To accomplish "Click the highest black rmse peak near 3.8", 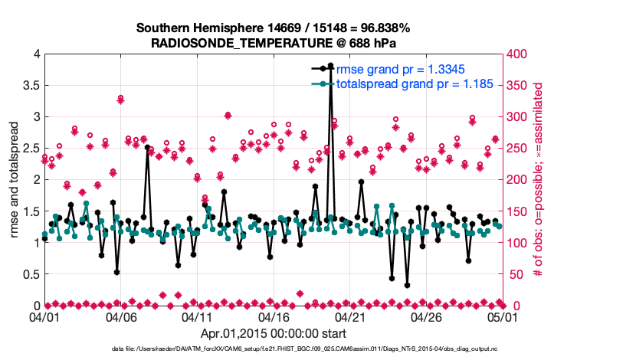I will (330, 66).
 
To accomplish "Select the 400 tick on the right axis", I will (516, 54).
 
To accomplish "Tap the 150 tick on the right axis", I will (516, 211).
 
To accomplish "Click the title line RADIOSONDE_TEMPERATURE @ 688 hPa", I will (274, 42).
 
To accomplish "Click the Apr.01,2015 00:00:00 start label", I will (274, 333).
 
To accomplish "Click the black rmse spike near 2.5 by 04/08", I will (147, 148).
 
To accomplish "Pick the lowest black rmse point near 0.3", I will (407, 285).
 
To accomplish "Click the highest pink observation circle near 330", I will (121, 98).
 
